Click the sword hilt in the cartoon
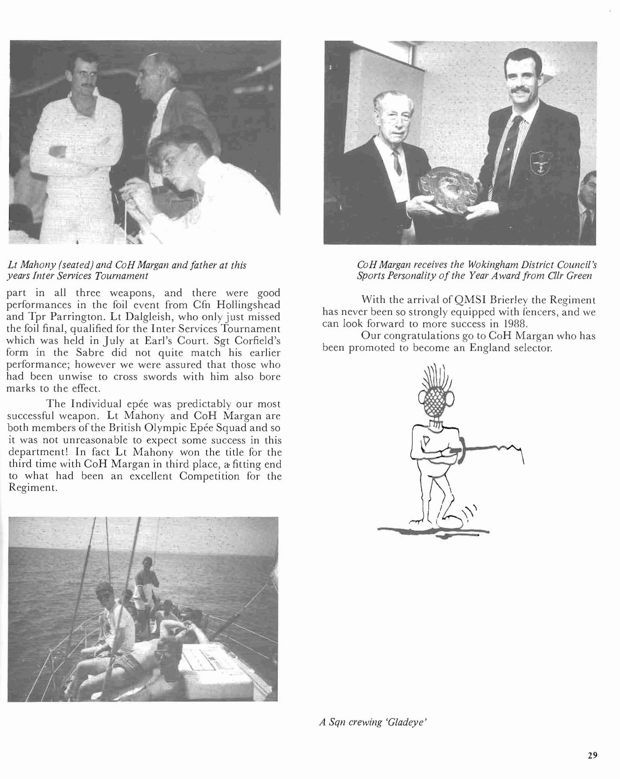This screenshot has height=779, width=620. tap(459, 449)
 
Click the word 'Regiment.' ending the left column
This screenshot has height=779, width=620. tap(32, 488)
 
